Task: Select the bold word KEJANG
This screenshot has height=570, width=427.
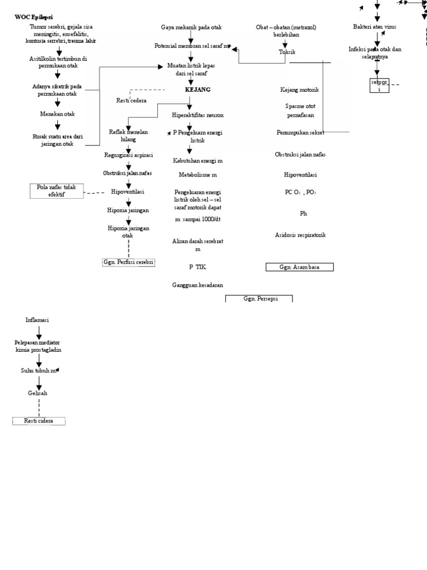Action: click(197, 90)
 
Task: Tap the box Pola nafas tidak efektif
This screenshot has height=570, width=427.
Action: click(56, 191)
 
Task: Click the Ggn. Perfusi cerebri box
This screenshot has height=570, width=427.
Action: click(128, 262)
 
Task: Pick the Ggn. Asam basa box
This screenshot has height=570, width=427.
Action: click(299, 267)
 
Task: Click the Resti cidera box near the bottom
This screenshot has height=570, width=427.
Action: click(39, 421)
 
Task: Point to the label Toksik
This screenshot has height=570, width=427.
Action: click(287, 52)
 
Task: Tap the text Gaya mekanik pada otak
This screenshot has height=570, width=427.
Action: click(190, 27)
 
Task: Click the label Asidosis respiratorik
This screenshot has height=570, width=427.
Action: click(300, 235)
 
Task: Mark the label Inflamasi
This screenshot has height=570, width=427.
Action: click(37, 320)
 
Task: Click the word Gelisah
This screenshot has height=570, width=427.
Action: click(38, 393)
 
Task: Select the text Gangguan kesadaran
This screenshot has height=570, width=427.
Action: click(197, 285)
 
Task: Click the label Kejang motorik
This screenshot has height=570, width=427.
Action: click(300, 90)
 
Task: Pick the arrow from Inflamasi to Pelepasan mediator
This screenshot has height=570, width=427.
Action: click(38, 332)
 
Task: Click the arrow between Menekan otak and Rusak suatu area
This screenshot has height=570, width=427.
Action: click(57, 126)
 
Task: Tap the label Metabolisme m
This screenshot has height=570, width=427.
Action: click(190, 175)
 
